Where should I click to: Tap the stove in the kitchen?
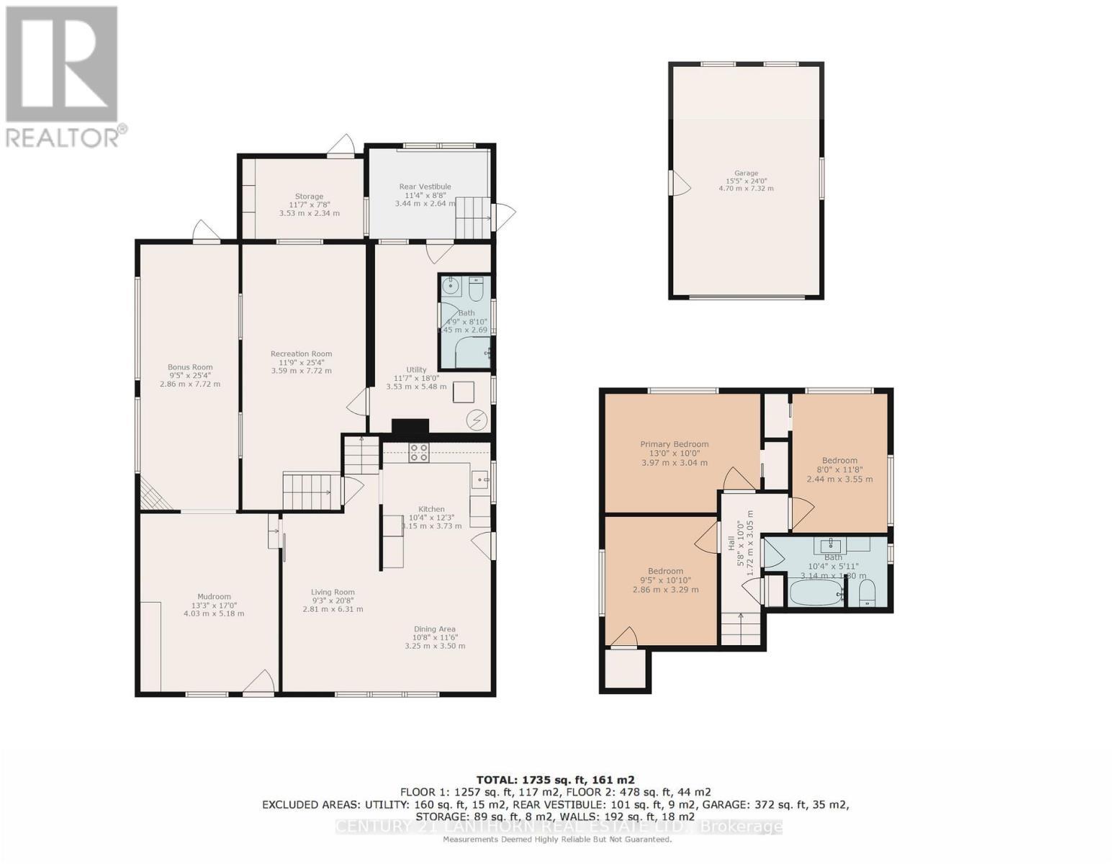coord(419,453)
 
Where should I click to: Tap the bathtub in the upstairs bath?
coord(815,594)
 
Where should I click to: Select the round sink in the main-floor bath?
coord(451,287)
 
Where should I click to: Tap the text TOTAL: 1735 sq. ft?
coord(555,780)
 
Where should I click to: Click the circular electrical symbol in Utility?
coord(477,419)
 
